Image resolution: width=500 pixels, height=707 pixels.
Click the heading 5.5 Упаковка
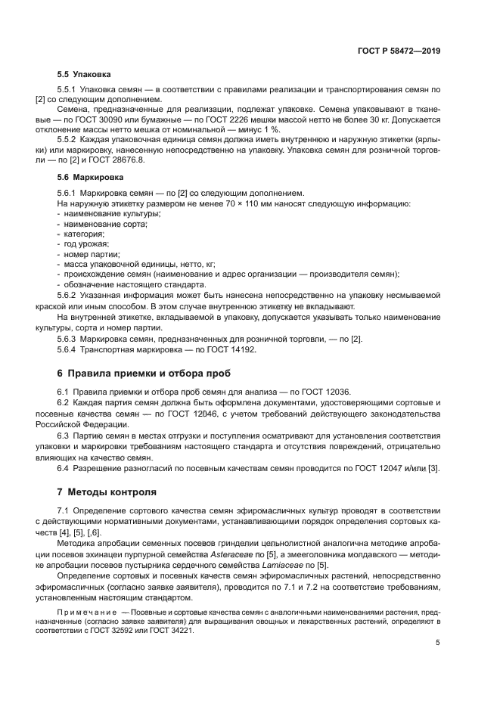point(85,76)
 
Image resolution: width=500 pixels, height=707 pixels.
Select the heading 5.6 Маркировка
point(90,178)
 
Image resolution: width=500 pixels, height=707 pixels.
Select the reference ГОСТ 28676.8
point(120,161)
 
